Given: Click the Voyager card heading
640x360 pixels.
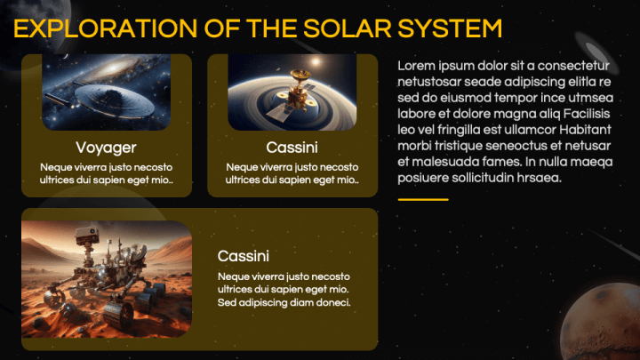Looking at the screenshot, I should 106,147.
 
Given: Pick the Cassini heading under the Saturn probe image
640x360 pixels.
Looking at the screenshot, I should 292,147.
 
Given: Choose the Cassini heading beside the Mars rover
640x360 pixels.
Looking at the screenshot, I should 244,256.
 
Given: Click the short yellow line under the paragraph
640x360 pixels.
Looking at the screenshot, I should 422,200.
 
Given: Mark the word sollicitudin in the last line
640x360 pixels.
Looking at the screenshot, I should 498,178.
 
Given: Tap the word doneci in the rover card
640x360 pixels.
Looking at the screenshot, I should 332,303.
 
